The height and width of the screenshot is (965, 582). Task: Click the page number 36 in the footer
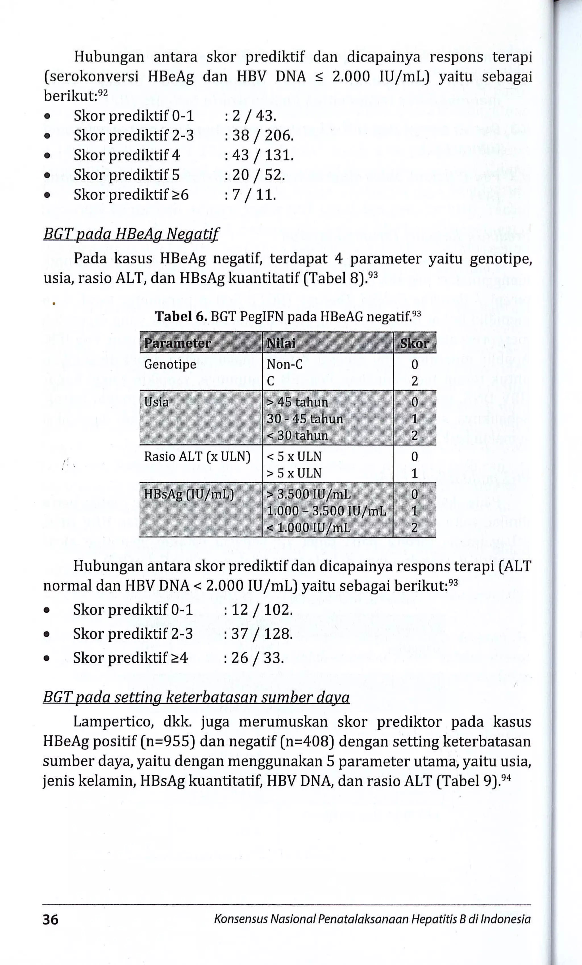pyautogui.click(x=51, y=919)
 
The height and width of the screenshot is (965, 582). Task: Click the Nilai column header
pyautogui.click(x=281, y=343)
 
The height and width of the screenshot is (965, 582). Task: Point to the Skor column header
pyautogui.click(x=414, y=343)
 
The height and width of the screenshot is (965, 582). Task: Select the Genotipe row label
pyautogui.click(x=170, y=364)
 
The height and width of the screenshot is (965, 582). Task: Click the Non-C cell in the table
pyautogui.click(x=284, y=364)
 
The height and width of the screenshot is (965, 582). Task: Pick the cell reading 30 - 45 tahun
pyautogui.click(x=305, y=419)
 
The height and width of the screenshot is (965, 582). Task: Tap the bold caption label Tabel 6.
pyautogui.click(x=181, y=316)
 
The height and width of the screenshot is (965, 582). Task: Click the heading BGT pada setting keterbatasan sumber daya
pyautogui.click(x=196, y=697)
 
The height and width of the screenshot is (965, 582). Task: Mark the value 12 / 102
pyautogui.click(x=262, y=610)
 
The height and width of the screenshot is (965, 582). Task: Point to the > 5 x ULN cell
pyautogui.click(x=294, y=473)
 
